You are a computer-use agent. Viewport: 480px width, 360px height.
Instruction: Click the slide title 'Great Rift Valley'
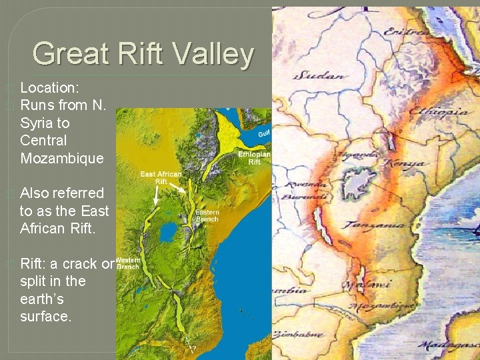click(143, 54)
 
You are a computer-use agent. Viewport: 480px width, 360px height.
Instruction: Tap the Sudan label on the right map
click(323, 75)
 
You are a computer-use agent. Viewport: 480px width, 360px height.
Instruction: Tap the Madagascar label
click(449, 345)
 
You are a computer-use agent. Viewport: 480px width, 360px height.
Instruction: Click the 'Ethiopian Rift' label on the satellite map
click(254, 157)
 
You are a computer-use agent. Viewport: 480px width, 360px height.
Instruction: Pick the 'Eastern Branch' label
click(207, 215)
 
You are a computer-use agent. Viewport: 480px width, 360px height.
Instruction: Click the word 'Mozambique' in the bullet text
click(62, 158)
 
